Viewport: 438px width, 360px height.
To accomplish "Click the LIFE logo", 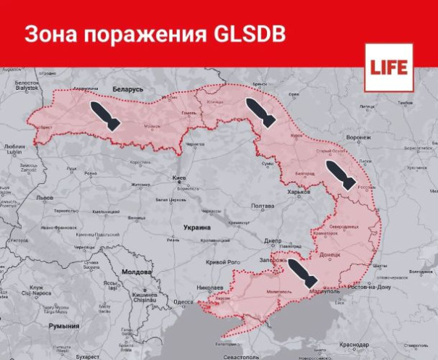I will pos(389,67).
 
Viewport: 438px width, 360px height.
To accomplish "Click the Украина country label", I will pos(197,227).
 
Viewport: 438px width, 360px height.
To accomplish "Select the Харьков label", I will pos(299,192).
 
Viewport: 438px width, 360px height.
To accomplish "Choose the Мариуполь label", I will pos(326,292).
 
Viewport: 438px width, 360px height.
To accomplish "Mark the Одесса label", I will pos(183,302).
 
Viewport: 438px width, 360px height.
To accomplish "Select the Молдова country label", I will pos(136,272).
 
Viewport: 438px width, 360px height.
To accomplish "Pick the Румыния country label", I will pos(64,326).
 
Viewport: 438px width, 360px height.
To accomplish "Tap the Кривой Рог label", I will pos(223,261).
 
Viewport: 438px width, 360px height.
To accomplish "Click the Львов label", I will pos(45,197).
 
